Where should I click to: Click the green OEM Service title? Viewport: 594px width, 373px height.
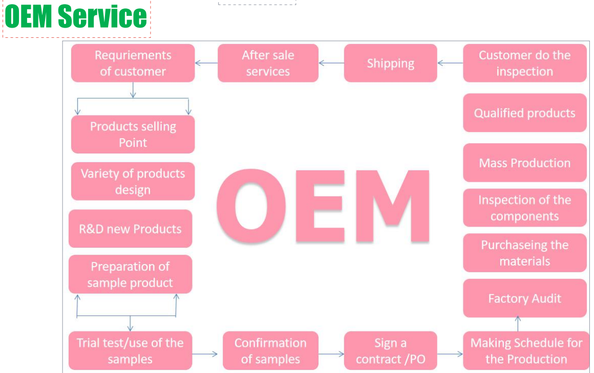click(76, 17)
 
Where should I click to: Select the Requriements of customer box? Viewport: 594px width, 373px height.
click(133, 63)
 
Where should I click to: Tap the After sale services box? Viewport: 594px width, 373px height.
click(268, 63)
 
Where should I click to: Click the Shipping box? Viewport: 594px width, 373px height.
click(390, 63)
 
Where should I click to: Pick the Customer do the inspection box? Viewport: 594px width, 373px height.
click(524, 63)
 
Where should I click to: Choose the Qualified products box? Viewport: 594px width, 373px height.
click(524, 113)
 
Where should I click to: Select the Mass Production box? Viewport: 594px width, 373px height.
click(524, 163)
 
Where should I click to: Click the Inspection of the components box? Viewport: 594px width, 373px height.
click(524, 208)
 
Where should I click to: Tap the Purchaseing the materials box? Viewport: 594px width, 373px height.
click(524, 253)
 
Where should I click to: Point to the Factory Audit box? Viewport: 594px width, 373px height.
click(524, 298)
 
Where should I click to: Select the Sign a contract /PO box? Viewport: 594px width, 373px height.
click(390, 350)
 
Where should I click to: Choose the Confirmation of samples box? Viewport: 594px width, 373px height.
click(270, 350)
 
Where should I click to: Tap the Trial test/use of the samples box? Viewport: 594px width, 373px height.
click(130, 350)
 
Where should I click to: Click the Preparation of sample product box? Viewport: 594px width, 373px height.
click(130, 274)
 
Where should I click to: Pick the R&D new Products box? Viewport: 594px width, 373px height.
click(130, 229)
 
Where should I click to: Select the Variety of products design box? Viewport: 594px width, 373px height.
click(133, 181)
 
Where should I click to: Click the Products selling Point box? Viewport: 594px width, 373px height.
click(133, 134)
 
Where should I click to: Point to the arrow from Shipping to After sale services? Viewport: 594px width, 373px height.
click(331, 63)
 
